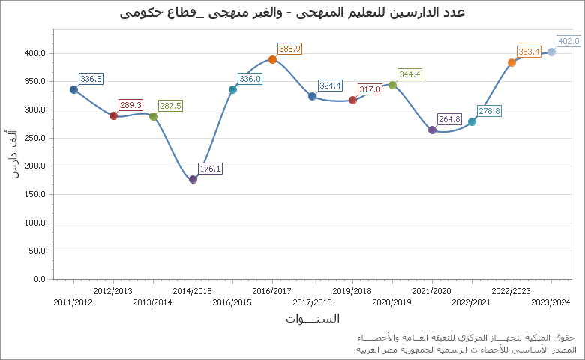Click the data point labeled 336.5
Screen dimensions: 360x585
(73, 89)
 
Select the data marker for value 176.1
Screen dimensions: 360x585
(193, 179)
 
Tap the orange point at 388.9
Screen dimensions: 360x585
(272, 59)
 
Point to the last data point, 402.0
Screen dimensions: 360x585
(551, 52)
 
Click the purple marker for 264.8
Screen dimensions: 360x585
(432, 130)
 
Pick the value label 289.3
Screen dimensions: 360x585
(130, 105)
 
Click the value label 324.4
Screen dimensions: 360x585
(330, 85)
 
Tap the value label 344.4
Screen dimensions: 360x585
(409, 74)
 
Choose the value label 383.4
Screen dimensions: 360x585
(529, 52)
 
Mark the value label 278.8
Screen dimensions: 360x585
(489, 111)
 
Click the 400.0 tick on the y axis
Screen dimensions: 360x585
(35, 53)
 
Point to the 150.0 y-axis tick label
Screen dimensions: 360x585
(35, 194)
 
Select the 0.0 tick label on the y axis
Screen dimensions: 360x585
(40, 279)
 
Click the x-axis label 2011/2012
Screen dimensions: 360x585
(73, 302)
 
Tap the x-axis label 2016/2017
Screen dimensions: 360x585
(271, 291)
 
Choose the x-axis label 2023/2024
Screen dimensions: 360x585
(550, 302)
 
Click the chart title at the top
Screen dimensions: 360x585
(292, 12)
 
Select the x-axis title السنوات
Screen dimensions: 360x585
(313, 318)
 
